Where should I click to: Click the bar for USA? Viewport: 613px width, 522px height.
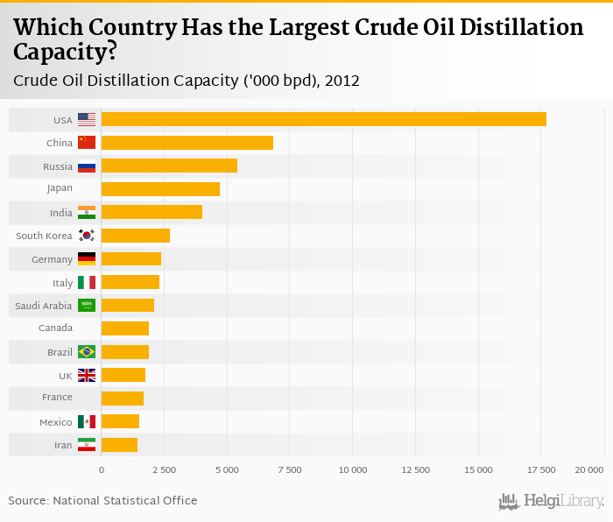(x=324, y=119)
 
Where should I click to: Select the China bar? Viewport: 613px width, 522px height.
(x=187, y=143)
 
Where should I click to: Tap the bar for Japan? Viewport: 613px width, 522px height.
(x=160, y=189)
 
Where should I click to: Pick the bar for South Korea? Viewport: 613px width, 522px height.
(x=136, y=236)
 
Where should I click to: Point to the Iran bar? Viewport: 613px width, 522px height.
(x=119, y=445)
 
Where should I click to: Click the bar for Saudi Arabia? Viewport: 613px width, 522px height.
(x=128, y=306)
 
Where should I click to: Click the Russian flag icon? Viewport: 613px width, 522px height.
(x=87, y=166)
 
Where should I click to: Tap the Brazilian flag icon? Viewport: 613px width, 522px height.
(x=87, y=352)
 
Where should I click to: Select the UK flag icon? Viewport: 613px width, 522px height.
(x=87, y=375)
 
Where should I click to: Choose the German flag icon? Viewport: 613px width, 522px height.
(x=87, y=259)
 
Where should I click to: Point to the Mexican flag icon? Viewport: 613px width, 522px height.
(x=87, y=422)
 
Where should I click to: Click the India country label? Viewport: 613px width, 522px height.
(x=61, y=213)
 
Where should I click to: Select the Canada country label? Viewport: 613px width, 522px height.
(x=55, y=328)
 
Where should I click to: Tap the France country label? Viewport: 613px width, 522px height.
(x=57, y=399)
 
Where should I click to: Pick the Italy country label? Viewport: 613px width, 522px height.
(x=62, y=283)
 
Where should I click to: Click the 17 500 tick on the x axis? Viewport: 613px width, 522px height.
(x=541, y=470)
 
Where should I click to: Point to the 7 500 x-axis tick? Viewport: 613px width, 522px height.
(x=290, y=470)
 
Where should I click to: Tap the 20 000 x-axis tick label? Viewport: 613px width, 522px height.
(x=589, y=470)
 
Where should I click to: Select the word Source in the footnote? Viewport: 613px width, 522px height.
(x=27, y=501)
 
